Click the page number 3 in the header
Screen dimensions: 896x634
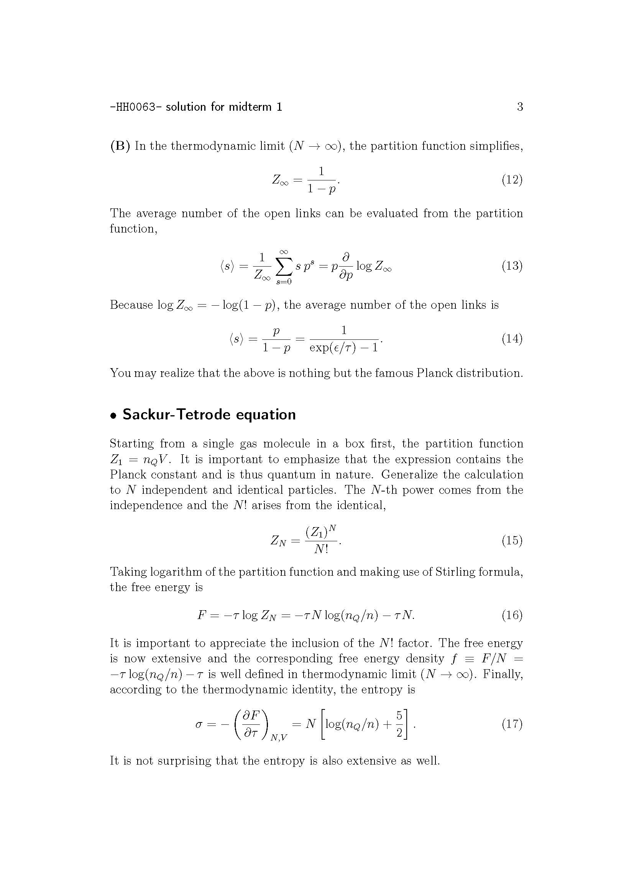[520, 106]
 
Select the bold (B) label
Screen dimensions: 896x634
[120, 146]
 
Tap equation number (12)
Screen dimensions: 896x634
[512, 180]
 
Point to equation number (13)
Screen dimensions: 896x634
[512, 266]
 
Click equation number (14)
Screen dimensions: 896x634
[512, 338]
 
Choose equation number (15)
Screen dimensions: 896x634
[512, 540]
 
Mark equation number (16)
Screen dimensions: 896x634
[512, 616]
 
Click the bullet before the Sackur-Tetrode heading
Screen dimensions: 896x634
[113, 416]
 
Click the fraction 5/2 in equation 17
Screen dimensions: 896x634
[399, 724]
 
